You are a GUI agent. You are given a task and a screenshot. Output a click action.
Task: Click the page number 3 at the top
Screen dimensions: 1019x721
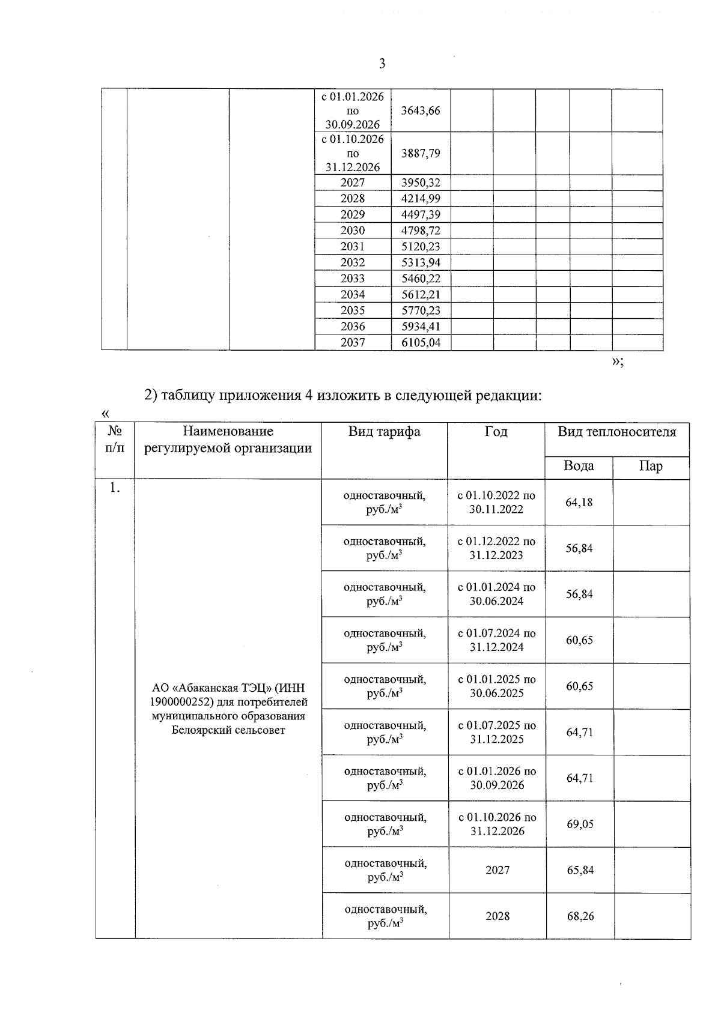tap(382, 64)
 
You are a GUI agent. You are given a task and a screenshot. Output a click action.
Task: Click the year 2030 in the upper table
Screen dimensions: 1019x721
tap(353, 231)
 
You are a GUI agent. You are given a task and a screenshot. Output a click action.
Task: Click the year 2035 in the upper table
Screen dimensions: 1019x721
tap(353, 310)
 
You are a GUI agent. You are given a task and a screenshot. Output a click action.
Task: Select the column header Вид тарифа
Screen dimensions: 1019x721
tap(384, 432)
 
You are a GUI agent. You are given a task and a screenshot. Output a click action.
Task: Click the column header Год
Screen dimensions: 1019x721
tap(496, 432)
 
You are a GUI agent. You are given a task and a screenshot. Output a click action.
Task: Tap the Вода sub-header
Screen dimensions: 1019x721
tap(579, 467)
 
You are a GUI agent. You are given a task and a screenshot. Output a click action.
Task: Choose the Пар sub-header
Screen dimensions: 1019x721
tap(651, 467)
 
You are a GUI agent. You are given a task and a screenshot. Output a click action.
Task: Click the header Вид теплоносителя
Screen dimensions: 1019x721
tap(616, 432)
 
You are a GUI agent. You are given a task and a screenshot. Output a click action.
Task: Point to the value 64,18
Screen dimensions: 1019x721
tap(579, 502)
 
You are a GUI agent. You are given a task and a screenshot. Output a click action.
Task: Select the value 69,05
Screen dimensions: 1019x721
tap(580, 824)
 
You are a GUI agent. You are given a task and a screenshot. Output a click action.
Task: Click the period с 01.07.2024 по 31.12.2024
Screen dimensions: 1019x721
tap(496, 640)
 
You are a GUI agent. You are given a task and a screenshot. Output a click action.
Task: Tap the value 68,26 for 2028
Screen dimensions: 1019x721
tap(580, 916)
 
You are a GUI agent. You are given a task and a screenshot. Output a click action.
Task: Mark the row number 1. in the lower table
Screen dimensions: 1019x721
tap(114, 488)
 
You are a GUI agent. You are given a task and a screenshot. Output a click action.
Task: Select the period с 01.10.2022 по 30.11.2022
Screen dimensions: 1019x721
tap(496, 502)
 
